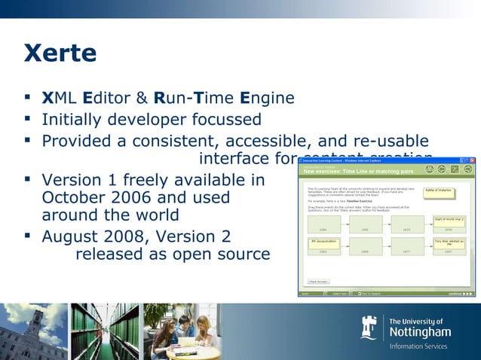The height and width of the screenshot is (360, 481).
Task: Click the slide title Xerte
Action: tap(60, 53)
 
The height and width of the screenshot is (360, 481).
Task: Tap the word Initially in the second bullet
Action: tap(72, 120)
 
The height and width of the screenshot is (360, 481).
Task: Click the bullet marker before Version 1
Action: tap(28, 180)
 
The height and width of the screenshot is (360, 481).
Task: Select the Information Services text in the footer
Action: tap(418, 346)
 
